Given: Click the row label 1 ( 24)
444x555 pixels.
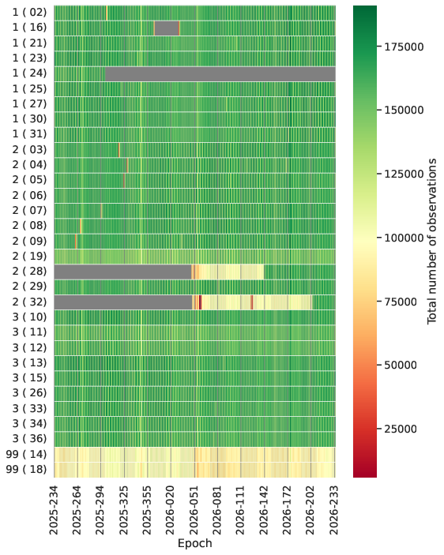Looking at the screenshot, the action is tap(29, 73).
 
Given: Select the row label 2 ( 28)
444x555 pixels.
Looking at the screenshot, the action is tap(29, 272).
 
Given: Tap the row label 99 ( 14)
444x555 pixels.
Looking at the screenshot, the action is tap(26, 454).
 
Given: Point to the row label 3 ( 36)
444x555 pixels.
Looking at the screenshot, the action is tap(29, 439).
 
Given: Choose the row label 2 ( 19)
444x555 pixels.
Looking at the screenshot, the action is tap(29, 257).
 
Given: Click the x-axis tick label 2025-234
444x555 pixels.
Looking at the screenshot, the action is tap(54, 511).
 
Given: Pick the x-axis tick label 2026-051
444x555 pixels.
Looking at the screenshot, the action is tap(194, 511).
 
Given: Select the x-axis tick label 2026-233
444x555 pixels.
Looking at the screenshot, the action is tap(335, 511).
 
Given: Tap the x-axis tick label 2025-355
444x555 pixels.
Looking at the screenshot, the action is tap(147, 511).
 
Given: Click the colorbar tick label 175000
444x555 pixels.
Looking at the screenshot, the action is tap(404, 47).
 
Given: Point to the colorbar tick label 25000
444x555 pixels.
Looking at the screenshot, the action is tap(401, 429).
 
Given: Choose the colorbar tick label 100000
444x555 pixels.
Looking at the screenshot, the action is tap(404, 238).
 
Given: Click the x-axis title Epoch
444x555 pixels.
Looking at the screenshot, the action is tap(194, 543).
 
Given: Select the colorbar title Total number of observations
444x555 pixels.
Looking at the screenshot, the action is tap(432, 241).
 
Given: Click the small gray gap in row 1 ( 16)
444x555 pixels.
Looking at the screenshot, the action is tap(167, 28).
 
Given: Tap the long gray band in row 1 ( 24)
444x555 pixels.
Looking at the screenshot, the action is tap(220, 73).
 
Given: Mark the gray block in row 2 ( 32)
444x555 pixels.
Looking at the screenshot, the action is tap(123, 302).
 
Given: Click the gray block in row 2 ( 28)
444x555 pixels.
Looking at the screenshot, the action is tap(123, 272).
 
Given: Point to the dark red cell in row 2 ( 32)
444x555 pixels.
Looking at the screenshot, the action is tap(200, 302).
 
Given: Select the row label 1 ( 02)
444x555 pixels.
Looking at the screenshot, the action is tap(29, 13).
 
